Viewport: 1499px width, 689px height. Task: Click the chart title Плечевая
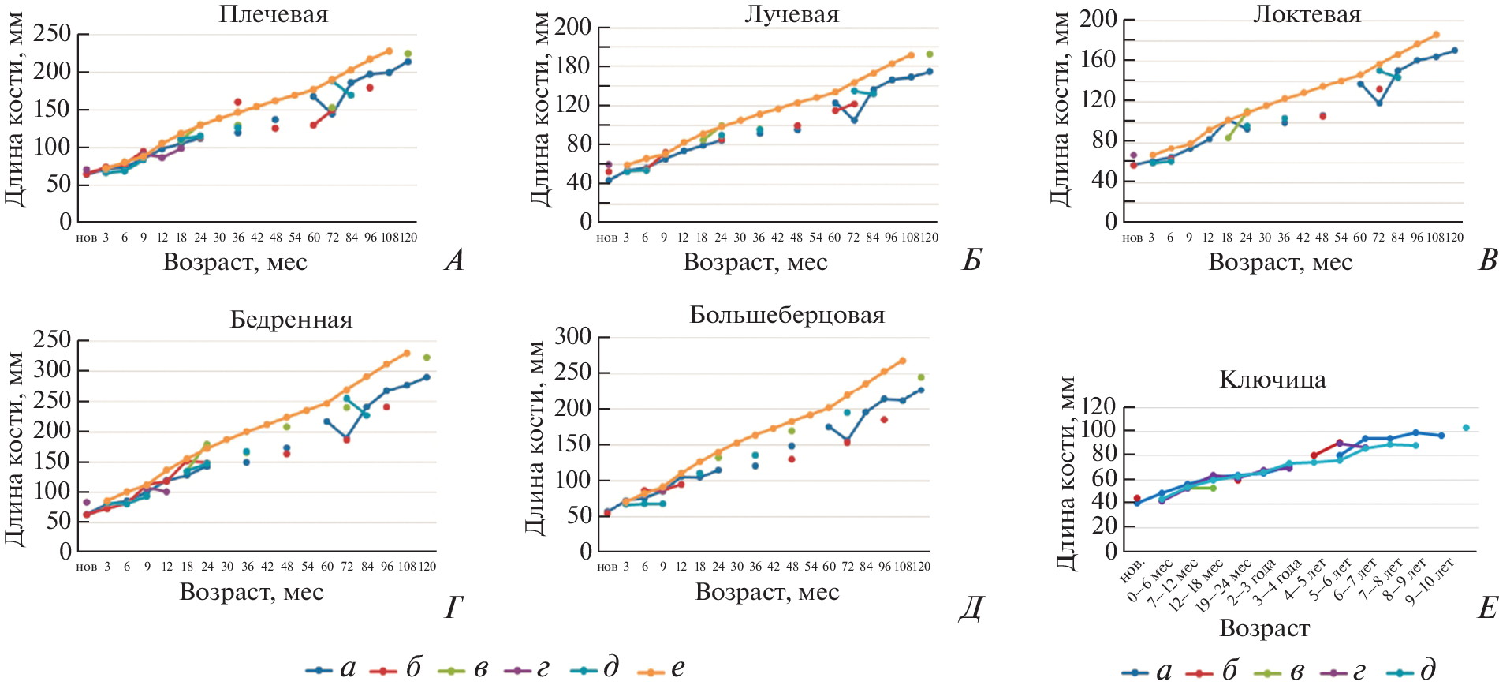[273, 14]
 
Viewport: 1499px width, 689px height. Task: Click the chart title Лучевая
[792, 14]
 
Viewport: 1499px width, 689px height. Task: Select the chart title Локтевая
[1307, 14]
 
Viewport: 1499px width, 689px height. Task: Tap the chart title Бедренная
[291, 320]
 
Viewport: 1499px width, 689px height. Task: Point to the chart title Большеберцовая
[787, 315]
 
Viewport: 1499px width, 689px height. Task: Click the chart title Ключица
[1272, 380]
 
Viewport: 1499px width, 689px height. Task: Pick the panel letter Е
[1486, 608]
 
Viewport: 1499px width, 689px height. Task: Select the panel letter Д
[971, 608]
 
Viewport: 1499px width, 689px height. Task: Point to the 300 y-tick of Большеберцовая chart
[572, 336]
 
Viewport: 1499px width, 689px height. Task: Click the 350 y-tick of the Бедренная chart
[52, 339]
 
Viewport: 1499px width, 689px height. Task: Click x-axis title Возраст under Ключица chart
[1264, 628]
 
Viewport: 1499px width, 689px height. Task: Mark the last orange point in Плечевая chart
[389, 51]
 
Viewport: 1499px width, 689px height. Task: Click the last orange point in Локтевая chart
[1436, 35]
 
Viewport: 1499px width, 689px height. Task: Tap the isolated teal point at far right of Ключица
[1466, 428]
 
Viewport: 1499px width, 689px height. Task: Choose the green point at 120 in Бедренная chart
[427, 358]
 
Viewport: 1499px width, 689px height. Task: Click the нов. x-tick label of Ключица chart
[1132, 570]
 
